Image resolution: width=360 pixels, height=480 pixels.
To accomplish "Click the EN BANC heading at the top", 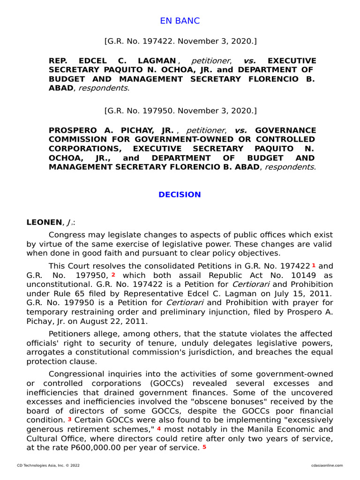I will click(x=180, y=21).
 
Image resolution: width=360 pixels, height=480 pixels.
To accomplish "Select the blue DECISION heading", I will click(x=180, y=195).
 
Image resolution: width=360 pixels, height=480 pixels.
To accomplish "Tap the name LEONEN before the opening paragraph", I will click(x=44, y=222).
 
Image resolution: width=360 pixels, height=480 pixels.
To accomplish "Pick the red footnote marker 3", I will click(x=69, y=419).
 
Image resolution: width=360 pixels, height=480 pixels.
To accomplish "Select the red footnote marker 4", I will click(x=159, y=428).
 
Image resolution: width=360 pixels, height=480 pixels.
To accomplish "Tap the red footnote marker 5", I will click(x=204, y=447).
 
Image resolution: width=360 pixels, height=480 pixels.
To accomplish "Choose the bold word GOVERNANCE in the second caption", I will click(x=285, y=130).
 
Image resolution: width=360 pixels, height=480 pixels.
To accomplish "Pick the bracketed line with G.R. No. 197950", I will click(x=180, y=111).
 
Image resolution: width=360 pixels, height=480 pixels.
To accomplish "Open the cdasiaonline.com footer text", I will click(x=327, y=465).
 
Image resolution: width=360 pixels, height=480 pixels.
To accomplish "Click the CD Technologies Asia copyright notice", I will click(x=45, y=465).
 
